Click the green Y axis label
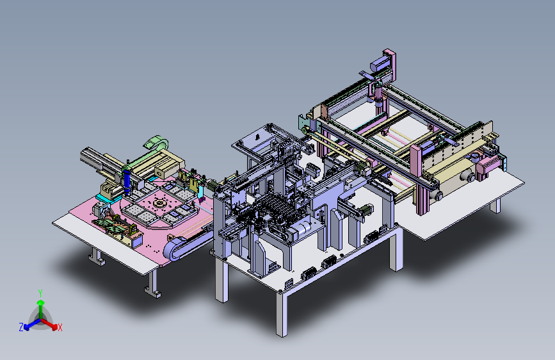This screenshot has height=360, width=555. (40, 293)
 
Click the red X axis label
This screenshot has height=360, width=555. (60, 328)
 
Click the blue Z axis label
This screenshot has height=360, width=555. (21, 327)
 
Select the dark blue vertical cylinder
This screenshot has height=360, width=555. (127, 181)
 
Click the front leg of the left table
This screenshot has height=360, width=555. (152, 284)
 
